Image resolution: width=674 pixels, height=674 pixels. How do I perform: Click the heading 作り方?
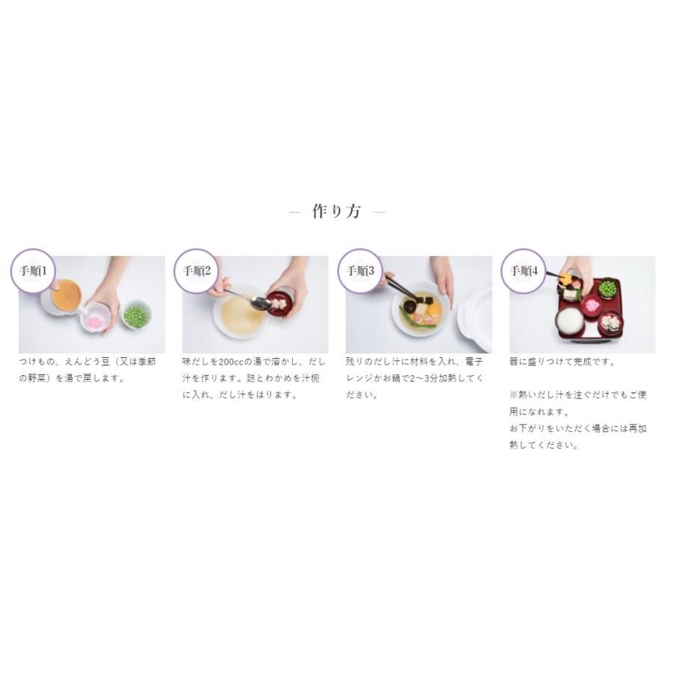[x=336, y=211]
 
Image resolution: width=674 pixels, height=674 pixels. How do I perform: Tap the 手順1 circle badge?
[x=33, y=271]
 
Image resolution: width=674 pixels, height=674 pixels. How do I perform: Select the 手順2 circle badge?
[x=196, y=271]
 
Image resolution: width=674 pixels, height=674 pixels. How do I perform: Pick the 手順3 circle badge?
[x=360, y=271]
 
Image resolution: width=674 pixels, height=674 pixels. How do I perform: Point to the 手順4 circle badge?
[x=523, y=271]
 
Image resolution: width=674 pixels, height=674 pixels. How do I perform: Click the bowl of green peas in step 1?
[x=136, y=315]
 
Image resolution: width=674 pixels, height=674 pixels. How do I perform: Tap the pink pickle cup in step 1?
[x=97, y=318]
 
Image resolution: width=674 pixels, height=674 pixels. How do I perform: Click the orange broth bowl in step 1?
[x=65, y=296]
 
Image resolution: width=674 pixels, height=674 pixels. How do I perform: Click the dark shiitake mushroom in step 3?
[x=409, y=306]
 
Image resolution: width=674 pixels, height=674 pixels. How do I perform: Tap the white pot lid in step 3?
[x=475, y=318]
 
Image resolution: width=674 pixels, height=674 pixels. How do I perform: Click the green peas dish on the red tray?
[x=607, y=289]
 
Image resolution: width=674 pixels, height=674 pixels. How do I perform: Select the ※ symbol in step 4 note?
[x=514, y=395]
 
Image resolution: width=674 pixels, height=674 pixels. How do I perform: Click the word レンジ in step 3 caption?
[x=359, y=379]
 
